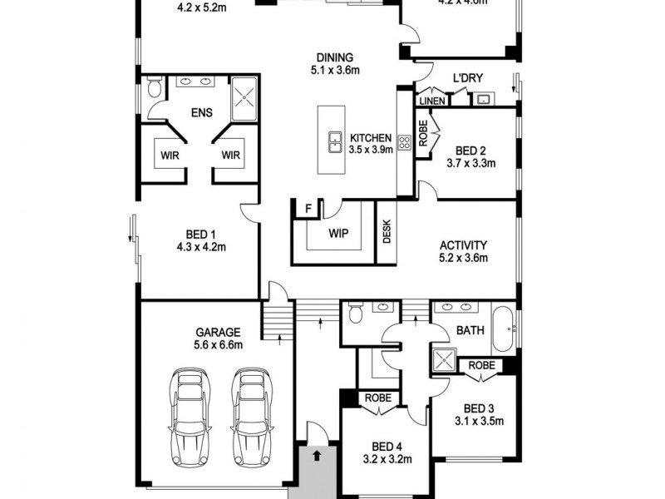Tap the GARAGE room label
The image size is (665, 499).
[x=219, y=330]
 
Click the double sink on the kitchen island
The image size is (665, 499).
[x=335, y=142]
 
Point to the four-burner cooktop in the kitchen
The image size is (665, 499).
[x=406, y=142]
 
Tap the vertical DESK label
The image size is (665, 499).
[x=387, y=234]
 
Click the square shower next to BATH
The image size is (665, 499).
[x=442, y=358]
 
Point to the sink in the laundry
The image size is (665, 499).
[x=482, y=99]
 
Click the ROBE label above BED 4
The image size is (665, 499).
[x=373, y=398]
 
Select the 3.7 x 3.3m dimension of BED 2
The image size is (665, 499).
[x=470, y=164]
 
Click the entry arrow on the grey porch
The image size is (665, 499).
[x=317, y=455]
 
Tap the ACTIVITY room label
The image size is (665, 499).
[x=463, y=245]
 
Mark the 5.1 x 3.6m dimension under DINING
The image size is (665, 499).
[x=334, y=71]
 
